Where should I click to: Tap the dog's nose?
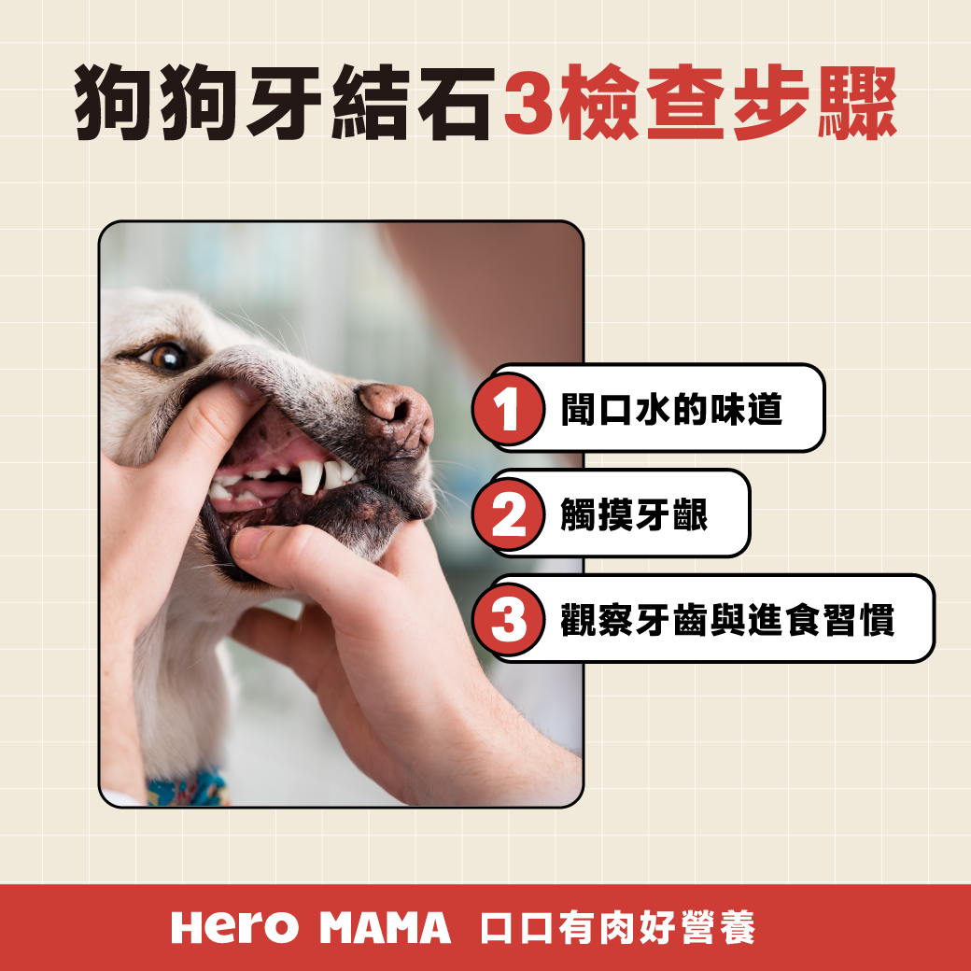[397, 413]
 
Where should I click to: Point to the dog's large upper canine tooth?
[311, 476]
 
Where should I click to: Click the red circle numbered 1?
[509, 409]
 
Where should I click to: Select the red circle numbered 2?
[509, 514]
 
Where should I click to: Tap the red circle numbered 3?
[509, 619]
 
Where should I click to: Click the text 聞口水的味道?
[671, 409]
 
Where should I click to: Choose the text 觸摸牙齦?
[634, 514]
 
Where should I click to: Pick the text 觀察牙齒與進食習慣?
[727, 619]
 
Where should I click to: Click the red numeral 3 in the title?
[528, 103]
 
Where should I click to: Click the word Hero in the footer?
[234, 928]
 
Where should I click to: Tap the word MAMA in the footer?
[386, 928]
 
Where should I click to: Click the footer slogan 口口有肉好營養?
[617, 928]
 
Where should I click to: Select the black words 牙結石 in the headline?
[371, 103]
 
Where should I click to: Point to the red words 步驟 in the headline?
[814, 103]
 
